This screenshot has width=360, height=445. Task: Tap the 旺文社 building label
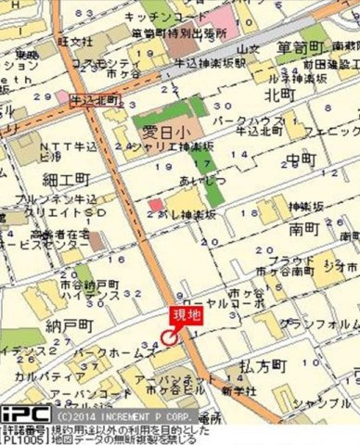(x=74, y=42)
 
